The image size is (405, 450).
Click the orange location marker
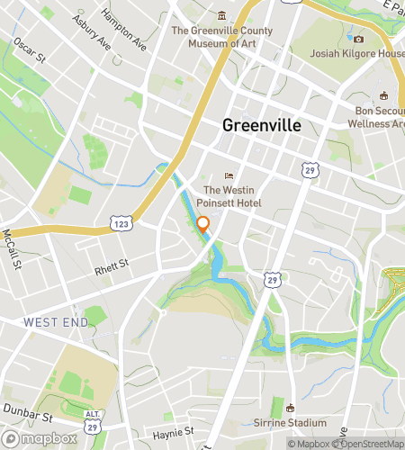(x=203, y=225)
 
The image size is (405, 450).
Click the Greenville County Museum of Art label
(x=221, y=36)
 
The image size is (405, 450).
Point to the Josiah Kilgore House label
(x=357, y=53)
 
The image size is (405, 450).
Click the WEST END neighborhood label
(x=55, y=321)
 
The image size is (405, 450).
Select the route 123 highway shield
(x=120, y=221)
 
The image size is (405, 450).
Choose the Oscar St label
(x=28, y=52)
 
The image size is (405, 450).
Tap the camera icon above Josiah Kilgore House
(x=358, y=39)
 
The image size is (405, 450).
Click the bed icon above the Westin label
(x=229, y=176)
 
